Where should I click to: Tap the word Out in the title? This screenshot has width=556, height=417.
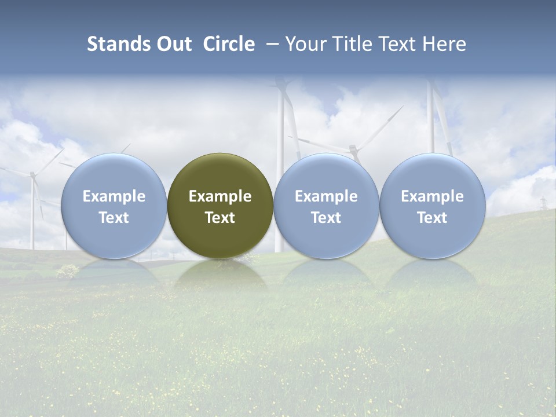173,44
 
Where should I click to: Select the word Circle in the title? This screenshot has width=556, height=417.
229,44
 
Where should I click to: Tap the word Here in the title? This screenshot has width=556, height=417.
444,44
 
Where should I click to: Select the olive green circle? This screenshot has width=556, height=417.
220,206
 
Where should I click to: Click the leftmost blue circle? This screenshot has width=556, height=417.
114,206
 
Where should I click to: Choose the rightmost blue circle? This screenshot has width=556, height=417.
432,206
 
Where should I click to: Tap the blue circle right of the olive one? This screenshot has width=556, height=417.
326,206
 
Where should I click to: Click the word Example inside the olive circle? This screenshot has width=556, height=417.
220,196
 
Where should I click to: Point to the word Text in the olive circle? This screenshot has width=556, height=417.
220,218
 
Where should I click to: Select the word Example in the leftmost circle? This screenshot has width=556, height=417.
114,196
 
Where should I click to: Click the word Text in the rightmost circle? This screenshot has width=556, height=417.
432,218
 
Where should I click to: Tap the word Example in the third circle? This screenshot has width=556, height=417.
326,196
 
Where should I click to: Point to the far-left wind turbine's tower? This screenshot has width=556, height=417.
32,214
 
